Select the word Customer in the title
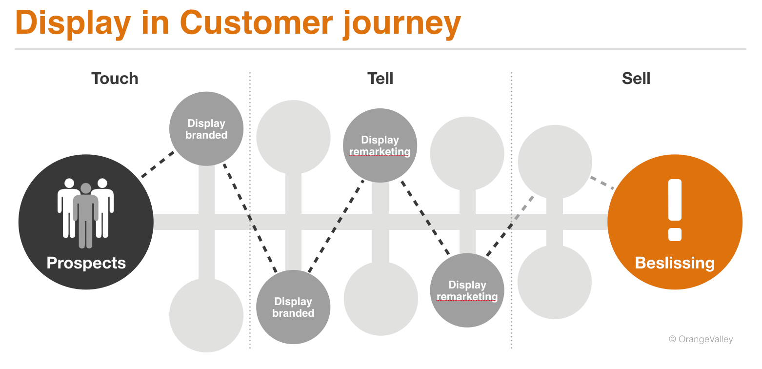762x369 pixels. (257, 23)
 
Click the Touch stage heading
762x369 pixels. (115, 79)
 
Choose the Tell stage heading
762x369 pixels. (380, 79)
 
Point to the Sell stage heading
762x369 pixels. (636, 79)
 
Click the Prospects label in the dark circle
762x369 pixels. (86, 263)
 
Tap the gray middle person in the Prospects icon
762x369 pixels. (86, 215)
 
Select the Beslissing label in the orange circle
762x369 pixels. (675, 263)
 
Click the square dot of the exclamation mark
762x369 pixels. (675, 234)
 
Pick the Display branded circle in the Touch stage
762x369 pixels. (206, 129)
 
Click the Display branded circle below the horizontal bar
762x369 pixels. (293, 307)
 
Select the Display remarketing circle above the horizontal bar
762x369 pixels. (380, 145)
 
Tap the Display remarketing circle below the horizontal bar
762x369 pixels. (467, 290)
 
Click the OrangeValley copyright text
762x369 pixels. (701, 339)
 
